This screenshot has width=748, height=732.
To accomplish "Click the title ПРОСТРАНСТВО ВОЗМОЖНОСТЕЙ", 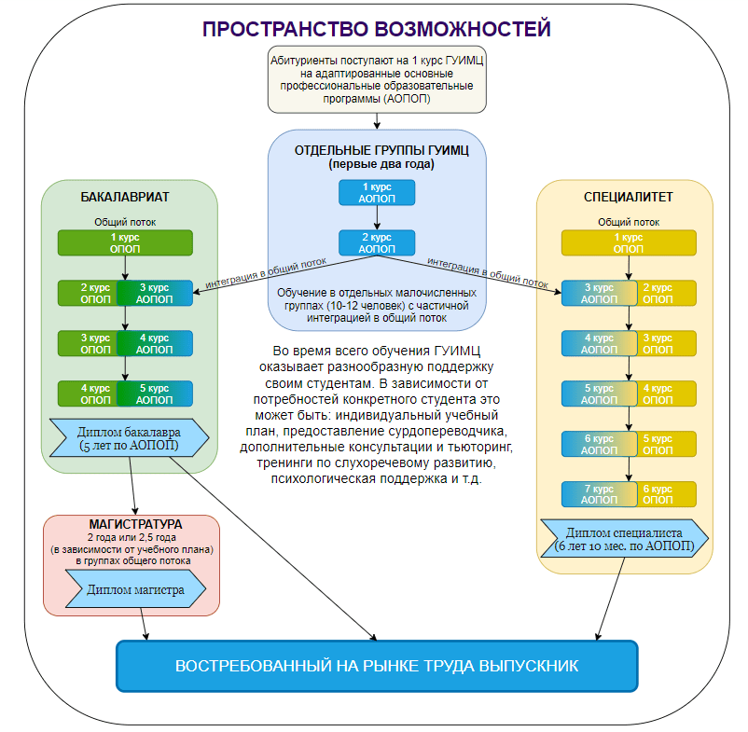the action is [377, 29].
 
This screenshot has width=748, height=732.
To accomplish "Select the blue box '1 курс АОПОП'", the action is [377, 193].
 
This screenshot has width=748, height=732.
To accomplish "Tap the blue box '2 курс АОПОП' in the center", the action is [377, 242].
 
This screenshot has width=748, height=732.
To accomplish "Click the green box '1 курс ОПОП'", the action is [125, 242].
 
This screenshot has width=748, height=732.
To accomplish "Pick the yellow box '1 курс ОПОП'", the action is [629, 242].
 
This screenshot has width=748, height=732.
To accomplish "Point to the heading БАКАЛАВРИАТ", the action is [124, 197].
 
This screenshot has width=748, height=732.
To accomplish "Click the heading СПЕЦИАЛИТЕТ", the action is [629, 197].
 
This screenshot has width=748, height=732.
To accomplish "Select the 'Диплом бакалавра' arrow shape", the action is [129, 437].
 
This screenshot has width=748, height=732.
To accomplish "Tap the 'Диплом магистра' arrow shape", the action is [135, 589].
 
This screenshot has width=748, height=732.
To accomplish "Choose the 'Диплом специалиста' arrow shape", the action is [624, 538].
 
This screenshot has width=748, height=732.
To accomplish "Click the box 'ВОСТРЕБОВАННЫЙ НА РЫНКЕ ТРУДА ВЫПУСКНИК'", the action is [377, 666].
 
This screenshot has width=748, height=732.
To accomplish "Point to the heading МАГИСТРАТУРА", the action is [135, 524].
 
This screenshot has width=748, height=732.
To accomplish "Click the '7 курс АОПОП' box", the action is [599, 494].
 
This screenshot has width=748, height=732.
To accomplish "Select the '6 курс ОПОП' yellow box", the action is [667, 494].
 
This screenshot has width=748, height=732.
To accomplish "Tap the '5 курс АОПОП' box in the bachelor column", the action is [155, 394].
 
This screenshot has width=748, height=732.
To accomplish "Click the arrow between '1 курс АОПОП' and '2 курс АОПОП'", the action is [377, 218].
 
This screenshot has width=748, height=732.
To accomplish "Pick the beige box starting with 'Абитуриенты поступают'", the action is [377, 79].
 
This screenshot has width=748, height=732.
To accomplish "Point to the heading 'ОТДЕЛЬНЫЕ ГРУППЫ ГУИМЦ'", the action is [381, 150].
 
